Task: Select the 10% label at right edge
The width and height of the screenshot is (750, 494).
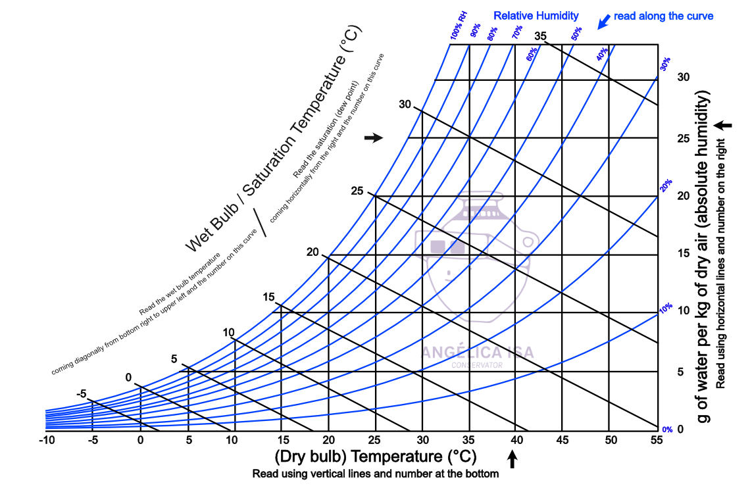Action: pyautogui.click(x=666, y=307)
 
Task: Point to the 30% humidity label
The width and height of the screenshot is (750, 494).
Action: pyautogui.click(x=666, y=64)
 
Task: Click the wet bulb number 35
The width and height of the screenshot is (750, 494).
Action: pyautogui.click(x=541, y=36)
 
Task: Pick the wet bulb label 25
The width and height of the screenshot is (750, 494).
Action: pyautogui.click(x=357, y=191)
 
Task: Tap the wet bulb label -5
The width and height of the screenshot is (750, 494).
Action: pyautogui.click(x=82, y=394)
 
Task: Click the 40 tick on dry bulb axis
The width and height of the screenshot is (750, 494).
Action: pyautogui.click(x=516, y=439)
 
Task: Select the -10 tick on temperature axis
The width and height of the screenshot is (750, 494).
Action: pyautogui.click(x=46, y=439)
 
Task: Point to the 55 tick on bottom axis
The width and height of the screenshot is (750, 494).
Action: pyautogui.click(x=657, y=439)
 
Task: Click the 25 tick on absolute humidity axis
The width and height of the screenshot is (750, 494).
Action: pyautogui.click(x=684, y=138)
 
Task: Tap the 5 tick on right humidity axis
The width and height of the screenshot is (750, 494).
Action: pyautogui.click(x=682, y=372)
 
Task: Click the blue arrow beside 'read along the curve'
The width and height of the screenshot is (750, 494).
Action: pyautogui.click(x=602, y=22)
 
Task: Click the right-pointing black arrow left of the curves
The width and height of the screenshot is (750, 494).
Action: pyautogui.click(x=373, y=137)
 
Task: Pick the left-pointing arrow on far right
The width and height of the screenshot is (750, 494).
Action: pyautogui.click(x=725, y=124)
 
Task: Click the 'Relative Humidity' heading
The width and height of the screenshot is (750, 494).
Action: pyautogui.click(x=536, y=15)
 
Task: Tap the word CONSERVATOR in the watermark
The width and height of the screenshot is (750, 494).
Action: pyautogui.click(x=477, y=365)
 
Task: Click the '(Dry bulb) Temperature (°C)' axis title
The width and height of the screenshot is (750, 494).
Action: pyautogui.click(x=375, y=456)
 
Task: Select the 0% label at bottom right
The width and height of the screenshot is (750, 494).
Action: pyautogui.click(x=667, y=430)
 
